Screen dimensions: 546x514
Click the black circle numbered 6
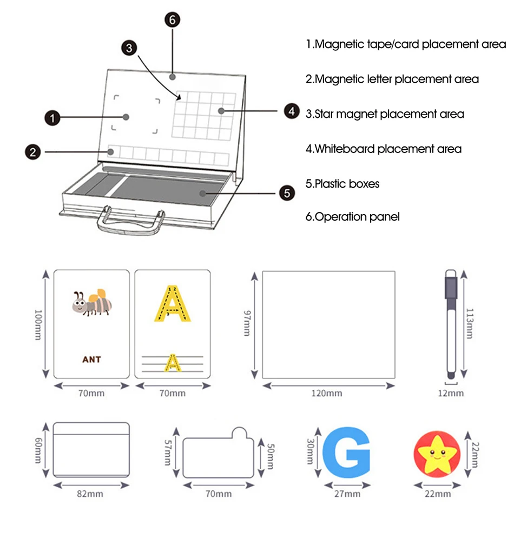tap(172, 20)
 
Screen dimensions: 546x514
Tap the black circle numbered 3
tap(128, 48)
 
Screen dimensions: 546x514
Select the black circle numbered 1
tap(51, 117)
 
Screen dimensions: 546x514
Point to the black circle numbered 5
tap(287, 192)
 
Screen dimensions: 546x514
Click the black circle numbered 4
tap(292, 112)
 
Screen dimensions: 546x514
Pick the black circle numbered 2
tap(33, 152)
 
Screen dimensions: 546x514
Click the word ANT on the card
tap(91, 359)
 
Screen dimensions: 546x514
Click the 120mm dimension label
tap(326, 393)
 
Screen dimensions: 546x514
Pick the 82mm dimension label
tap(90, 493)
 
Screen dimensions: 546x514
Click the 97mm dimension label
tap(247, 323)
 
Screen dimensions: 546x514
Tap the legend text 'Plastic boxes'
tap(342, 184)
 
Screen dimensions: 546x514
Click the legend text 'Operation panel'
tap(352, 217)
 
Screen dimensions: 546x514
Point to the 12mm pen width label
tap(451, 393)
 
